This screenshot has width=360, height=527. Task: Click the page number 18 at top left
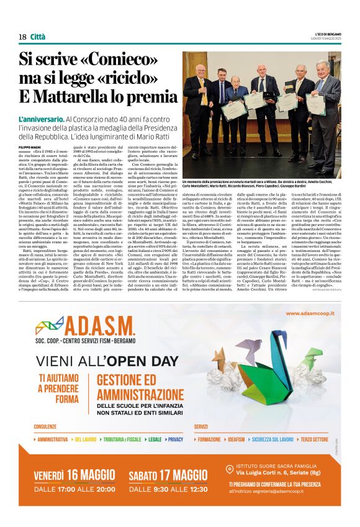click(x=22, y=37)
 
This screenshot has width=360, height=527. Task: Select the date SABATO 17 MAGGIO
click(x=168, y=476)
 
